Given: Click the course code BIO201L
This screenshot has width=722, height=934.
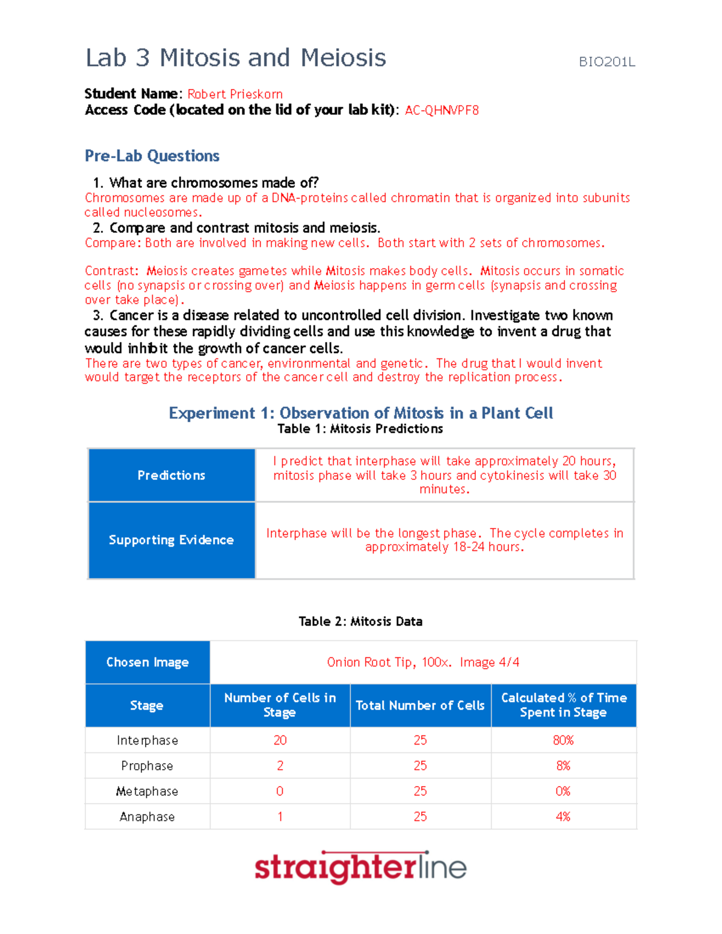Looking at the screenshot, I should tap(606, 62).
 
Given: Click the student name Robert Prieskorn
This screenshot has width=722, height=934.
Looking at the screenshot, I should tap(235, 94).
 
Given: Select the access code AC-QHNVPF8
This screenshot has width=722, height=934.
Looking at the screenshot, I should tap(442, 110).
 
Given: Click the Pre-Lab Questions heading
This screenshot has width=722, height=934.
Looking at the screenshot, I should tap(152, 156).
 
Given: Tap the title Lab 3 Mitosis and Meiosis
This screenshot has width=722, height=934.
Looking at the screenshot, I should tap(236, 58).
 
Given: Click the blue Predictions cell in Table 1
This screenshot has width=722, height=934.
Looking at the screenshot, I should tap(171, 475).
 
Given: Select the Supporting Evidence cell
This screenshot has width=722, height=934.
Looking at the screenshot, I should tap(171, 539).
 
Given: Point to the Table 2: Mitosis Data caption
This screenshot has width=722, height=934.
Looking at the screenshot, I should tap(360, 621).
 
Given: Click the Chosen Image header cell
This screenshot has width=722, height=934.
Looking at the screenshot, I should tap(147, 662).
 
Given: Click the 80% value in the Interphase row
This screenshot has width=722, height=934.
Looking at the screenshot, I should tap(563, 740).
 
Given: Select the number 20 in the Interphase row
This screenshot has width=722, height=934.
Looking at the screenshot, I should tap(280, 740).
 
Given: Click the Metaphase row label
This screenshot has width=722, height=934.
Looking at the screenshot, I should tap(147, 791).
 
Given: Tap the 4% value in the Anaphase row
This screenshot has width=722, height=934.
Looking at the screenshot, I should tap(563, 817).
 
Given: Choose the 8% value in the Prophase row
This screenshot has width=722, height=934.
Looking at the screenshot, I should tap(563, 766).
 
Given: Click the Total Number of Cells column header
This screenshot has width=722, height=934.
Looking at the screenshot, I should tap(420, 705).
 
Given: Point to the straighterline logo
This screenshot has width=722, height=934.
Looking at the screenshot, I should tap(360, 867).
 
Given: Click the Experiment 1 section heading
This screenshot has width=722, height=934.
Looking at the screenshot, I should tap(360, 413).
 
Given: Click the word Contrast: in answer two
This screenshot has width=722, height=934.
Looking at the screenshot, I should tap(111, 271).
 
